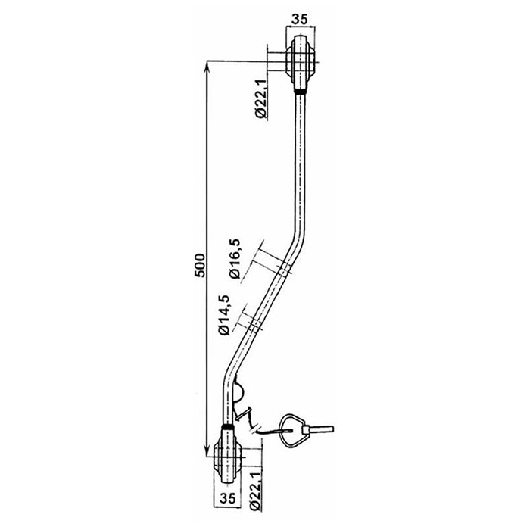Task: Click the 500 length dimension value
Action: (x=200, y=265)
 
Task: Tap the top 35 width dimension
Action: (x=300, y=20)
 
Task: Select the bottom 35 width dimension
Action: (x=227, y=498)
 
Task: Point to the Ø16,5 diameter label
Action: (x=235, y=258)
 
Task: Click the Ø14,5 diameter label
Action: (x=224, y=315)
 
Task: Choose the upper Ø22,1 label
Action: (x=261, y=98)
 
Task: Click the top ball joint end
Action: (x=300, y=63)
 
